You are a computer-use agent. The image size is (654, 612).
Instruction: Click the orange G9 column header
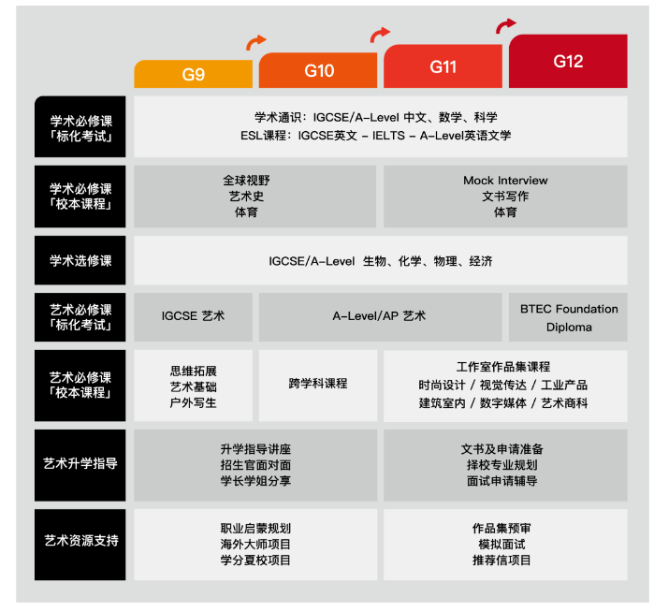(193, 74)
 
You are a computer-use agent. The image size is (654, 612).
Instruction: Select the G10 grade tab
(318, 70)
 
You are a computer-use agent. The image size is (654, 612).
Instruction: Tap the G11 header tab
(443, 66)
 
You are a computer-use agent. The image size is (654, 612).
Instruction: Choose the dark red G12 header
(568, 61)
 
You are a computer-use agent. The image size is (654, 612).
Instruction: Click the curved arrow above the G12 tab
(504, 25)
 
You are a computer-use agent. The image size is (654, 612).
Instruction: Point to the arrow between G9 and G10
(255, 42)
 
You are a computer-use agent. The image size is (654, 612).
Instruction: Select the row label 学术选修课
(80, 261)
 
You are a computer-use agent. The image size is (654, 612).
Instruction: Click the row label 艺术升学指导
(80, 463)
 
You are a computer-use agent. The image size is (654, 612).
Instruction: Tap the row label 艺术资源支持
(80, 541)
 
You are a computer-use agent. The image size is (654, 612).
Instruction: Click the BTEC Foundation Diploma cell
(568, 317)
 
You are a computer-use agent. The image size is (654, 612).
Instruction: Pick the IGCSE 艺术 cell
(193, 317)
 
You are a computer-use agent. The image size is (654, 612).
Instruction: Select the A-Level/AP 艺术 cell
(381, 317)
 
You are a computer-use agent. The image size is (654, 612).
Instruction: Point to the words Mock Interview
(505, 181)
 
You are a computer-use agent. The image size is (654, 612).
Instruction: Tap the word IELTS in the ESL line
(388, 136)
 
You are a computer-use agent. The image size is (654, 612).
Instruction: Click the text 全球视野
(246, 181)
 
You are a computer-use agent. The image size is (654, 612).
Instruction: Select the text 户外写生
(193, 403)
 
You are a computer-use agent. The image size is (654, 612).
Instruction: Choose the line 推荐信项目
(501, 561)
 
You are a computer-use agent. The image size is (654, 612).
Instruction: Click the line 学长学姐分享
(255, 481)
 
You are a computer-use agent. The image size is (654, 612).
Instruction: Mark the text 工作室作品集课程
(503, 367)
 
